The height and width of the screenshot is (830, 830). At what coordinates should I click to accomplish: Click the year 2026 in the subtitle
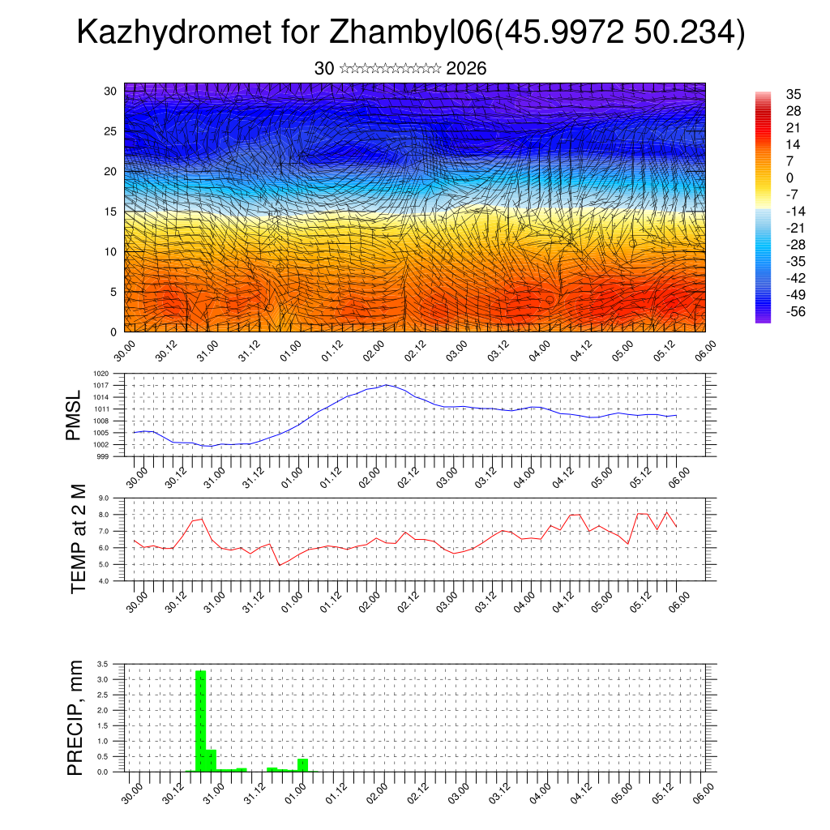point(466,69)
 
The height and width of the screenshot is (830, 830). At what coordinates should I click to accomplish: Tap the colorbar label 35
point(794,94)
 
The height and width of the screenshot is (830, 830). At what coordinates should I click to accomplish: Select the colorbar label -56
point(792,311)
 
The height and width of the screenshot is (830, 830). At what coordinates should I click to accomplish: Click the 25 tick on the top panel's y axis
point(112,131)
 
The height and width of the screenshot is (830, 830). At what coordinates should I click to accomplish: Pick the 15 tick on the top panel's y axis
point(112,212)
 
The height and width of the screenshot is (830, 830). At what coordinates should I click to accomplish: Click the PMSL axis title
point(75,415)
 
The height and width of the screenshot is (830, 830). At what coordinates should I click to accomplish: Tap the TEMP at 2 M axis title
point(78,539)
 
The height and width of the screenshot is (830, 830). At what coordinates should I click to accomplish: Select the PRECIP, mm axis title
point(75,717)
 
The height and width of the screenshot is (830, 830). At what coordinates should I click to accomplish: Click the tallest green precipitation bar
point(201,720)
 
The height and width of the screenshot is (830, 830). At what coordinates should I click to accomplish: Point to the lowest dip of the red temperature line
point(280,565)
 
